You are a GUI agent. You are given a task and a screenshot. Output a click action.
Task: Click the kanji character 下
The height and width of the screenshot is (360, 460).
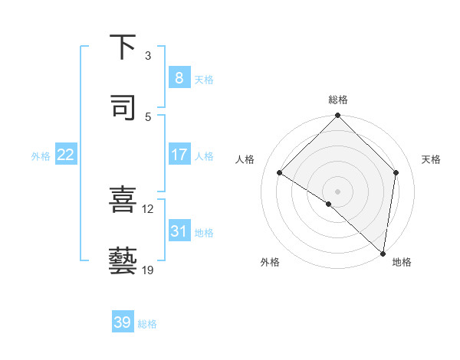(x=123, y=47)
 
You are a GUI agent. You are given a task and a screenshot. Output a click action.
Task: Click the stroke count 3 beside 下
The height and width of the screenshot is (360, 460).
(x=148, y=55)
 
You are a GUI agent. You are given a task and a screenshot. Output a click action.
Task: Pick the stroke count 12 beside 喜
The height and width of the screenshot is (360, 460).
(x=148, y=208)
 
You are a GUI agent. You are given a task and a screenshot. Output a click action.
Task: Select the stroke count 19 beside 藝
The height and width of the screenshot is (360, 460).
(x=148, y=270)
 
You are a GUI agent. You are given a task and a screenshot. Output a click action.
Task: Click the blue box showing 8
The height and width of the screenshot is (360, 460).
(x=179, y=78)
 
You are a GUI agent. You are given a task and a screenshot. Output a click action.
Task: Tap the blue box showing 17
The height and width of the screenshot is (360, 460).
(x=179, y=155)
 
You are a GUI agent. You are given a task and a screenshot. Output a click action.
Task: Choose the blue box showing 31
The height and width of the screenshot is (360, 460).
(x=179, y=231)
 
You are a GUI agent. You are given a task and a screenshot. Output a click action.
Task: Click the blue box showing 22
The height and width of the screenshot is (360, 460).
(x=66, y=155)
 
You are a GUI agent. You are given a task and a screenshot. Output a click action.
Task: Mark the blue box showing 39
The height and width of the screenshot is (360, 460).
(x=123, y=323)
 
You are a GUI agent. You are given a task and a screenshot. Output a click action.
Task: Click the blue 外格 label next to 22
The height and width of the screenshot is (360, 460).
(x=41, y=155)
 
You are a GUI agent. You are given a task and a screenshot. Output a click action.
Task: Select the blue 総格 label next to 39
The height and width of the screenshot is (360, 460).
(x=147, y=324)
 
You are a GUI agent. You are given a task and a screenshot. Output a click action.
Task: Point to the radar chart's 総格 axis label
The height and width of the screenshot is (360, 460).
(x=338, y=100)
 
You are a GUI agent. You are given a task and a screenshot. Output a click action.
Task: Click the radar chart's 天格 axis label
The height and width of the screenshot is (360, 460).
(x=432, y=159)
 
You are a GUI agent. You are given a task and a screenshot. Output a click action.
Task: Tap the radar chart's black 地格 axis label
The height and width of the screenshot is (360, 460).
(x=402, y=262)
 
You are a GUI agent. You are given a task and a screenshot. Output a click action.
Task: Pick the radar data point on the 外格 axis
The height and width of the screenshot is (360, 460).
(x=328, y=205)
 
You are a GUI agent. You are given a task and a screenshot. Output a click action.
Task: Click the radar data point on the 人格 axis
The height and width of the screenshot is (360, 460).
(x=280, y=173)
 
